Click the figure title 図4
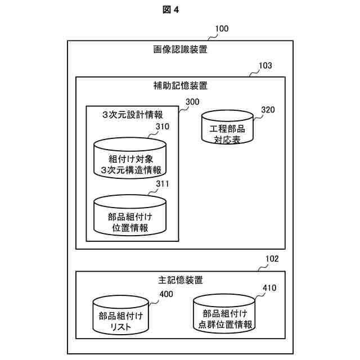pos(179,9)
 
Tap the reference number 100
pos(222,28)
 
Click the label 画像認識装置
pos(179,49)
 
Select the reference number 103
pos(265,65)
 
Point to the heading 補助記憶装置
pos(179,86)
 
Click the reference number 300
pos(192,102)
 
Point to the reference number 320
pos(268,110)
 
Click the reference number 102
pos(272,259)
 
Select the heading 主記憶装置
pos(179,280)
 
